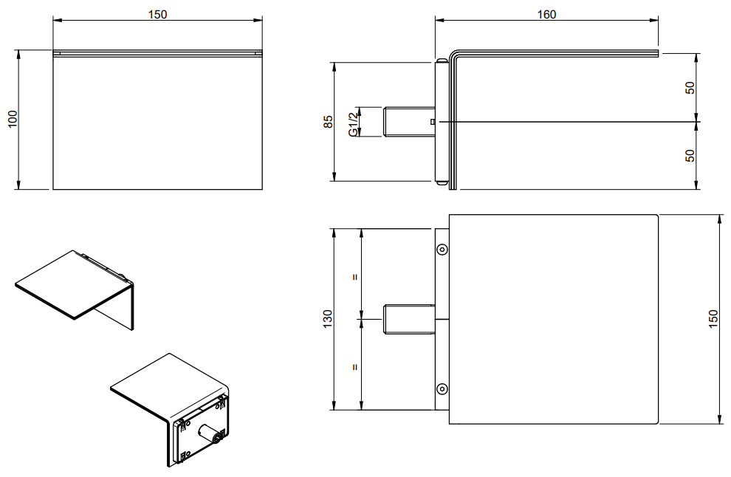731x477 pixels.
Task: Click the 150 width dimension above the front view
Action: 157,15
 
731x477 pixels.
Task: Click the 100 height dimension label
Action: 13,119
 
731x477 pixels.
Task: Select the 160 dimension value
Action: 546,15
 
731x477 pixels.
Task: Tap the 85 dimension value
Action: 328,122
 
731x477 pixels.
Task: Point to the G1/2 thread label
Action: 354,122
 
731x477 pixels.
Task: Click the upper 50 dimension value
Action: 690,88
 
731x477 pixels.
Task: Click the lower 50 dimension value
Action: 690,155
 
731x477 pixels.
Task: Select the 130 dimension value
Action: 328,319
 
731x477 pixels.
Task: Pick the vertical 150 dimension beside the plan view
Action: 713,319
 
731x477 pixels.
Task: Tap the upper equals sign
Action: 355,277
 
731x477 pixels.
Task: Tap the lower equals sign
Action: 355,367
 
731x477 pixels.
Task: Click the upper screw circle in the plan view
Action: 442,250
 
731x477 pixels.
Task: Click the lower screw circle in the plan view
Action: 442,389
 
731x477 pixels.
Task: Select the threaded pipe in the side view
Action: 409,122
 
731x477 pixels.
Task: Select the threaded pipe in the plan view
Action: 409,319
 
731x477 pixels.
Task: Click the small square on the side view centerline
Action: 433,122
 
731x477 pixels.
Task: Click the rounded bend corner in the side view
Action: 454,55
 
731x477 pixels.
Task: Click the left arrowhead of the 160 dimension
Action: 439,20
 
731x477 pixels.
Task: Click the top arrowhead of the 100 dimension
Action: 18,54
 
